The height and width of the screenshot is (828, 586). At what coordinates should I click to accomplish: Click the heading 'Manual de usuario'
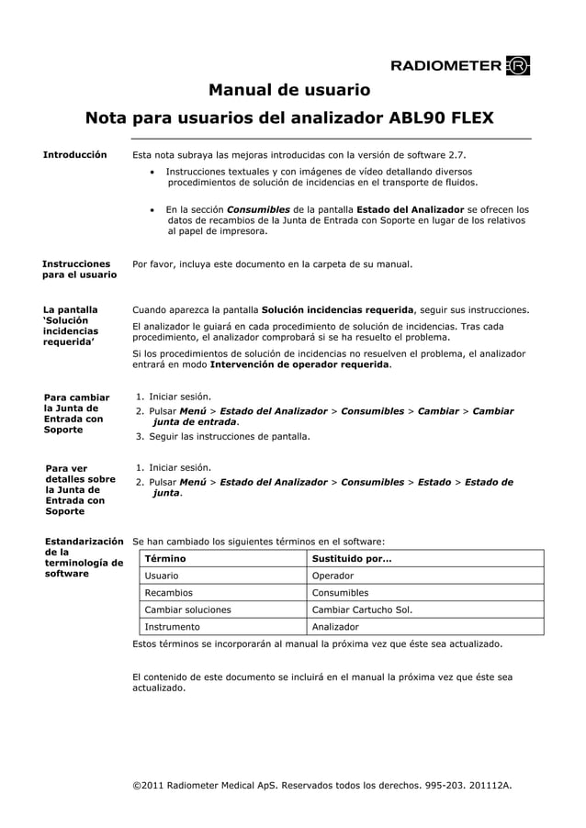pos(289,90)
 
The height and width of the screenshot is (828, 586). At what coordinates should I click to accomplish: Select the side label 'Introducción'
pos(74,155)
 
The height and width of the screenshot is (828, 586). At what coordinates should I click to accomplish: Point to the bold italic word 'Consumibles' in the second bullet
pos(258,209)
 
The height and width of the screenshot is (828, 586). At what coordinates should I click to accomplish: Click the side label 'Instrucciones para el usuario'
pos(79,269)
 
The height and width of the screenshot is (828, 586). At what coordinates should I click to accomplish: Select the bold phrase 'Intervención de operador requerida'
pos(299,364)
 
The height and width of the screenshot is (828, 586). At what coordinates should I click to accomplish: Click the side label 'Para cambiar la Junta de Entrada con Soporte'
pos(77,413)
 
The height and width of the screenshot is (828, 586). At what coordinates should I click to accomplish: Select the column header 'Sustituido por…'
pos(352,558)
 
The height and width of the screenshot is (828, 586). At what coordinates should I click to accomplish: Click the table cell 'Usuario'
pos(162,576)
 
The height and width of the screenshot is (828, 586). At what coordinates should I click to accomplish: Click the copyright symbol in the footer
pos(137,787)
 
